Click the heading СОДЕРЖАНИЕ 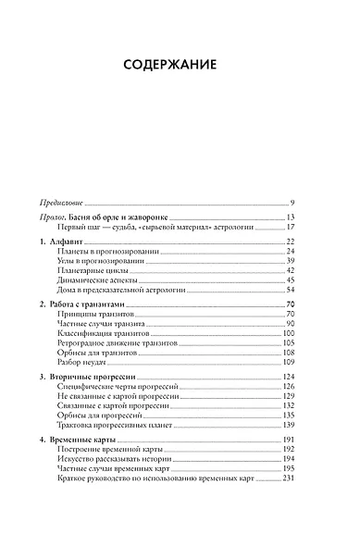click(x=180, y=66)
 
